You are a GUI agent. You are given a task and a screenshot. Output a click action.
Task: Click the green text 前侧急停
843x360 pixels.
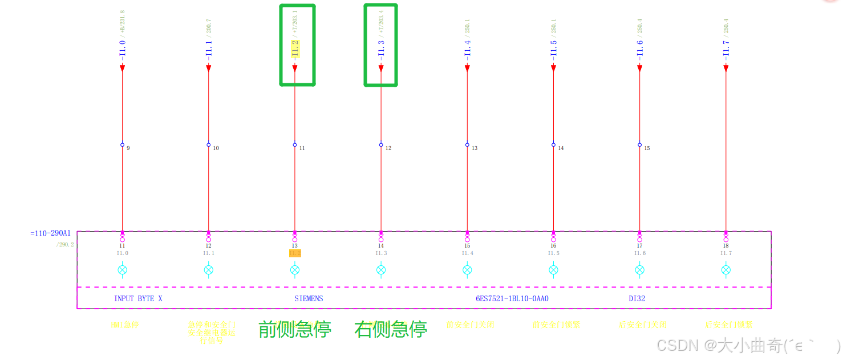(x=295, y=329)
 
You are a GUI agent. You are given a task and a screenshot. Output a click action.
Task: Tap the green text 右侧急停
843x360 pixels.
(x=391, y=329)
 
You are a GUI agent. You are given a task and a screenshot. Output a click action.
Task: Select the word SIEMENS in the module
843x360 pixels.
(x=309, y=298)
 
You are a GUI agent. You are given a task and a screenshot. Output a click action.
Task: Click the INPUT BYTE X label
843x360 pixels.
(x=138, y=298)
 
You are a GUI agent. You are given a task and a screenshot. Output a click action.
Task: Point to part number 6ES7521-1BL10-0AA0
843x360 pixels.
(x=516, y=298)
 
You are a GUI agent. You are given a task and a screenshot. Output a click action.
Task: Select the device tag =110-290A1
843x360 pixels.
(x=50, y=233)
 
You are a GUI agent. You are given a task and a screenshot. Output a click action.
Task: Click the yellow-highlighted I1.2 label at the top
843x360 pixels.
(x=295, y=49)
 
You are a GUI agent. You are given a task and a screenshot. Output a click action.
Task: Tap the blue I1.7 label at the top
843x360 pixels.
(x=726, y=48)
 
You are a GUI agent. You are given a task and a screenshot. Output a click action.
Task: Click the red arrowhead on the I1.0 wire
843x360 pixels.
(x=122, y=68)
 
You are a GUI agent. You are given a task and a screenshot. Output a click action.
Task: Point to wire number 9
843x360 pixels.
(x=128, y=148)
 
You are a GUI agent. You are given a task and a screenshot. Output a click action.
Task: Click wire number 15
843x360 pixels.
(x=647, y=148)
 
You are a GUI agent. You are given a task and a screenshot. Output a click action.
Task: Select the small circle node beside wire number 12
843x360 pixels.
(x=381, y=145)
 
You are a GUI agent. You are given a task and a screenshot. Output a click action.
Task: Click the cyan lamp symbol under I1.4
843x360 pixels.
(x=467, y=270)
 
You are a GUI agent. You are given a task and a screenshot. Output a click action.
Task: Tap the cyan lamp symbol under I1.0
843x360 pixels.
(x=122, y=270)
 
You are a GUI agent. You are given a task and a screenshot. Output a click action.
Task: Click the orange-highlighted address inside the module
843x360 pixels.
(x=295, y=253)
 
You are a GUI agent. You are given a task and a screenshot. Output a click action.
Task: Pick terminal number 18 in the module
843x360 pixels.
(x=726, y=246)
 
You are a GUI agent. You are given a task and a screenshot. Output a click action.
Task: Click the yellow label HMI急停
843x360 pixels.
(x=125, y=325)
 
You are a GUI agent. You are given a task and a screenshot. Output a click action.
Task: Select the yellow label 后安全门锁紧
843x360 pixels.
(x=728, y=325)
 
